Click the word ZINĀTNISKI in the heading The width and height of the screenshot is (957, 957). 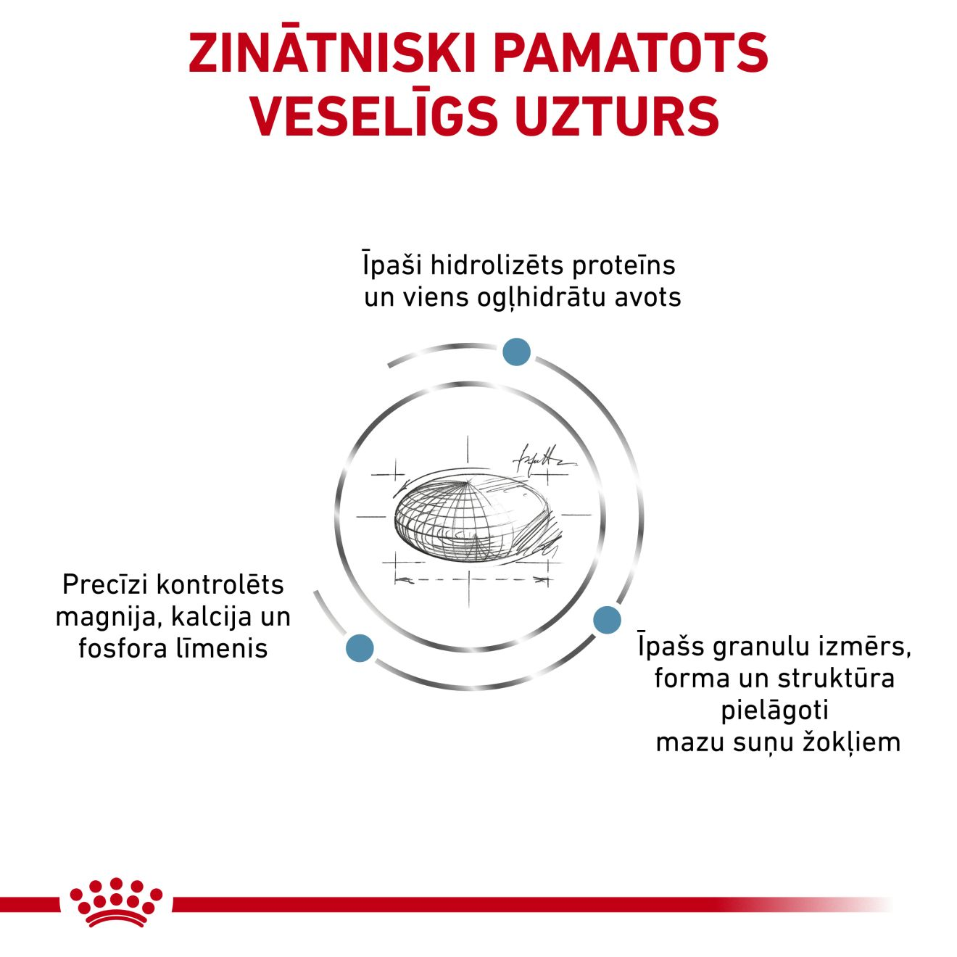[332, 53]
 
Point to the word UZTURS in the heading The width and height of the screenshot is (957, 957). [617, 115]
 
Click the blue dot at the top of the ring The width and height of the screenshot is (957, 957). [516, 352]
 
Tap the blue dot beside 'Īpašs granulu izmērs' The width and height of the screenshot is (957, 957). [608, 620]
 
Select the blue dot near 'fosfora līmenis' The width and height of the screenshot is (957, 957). [360, 648]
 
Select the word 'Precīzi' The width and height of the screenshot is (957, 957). [105, 584]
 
